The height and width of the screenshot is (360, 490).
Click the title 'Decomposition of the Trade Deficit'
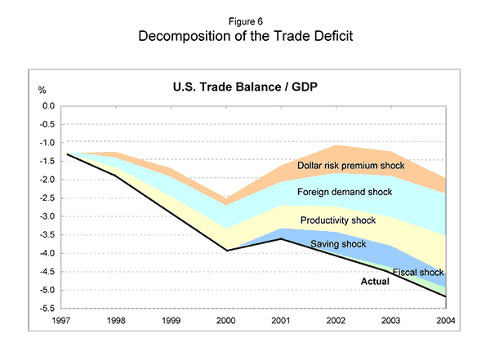pyautogui.click(x=245, y=38)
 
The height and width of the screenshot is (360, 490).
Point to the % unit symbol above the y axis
pyautogui.click(x=42, y=88)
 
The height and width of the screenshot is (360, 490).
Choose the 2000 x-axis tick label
pyautogui.click(x=228, y=320)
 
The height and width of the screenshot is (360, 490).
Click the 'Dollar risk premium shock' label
pyautogui.click(x=351, y=166)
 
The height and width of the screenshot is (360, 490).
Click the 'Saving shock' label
pyautogui.click(x=336, y=244)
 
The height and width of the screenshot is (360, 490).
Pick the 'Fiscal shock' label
pyautogui.click(x=417, y=272)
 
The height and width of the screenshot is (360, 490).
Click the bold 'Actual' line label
pyautogui.click(x=375, y=282)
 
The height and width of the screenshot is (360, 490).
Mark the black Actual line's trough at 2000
pyautogui.click(x=228, y=251)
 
